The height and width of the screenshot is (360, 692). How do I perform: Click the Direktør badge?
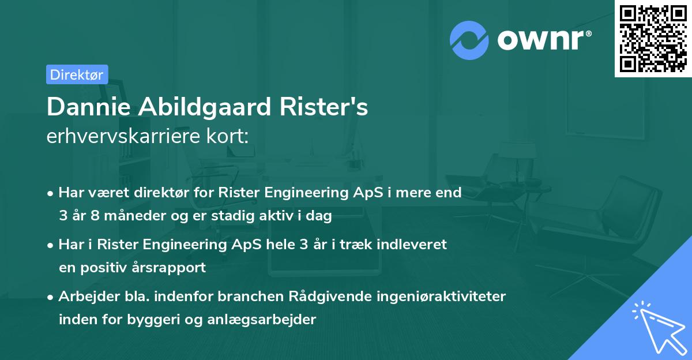pyautogui.click(x=77, y=74)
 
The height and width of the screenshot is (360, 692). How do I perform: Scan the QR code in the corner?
pyautogui.click(x=652, y=38)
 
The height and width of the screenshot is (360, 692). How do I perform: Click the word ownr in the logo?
pyautogui.click(x=540, y=39)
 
